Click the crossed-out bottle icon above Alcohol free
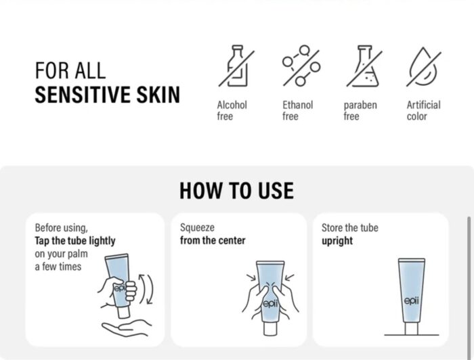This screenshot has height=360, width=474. tap(236, 66)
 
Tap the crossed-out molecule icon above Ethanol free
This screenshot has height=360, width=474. tap(301, 66)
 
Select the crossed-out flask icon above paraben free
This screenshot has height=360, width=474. tap(364, 66)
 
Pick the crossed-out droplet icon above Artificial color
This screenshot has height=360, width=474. tap(424, 66)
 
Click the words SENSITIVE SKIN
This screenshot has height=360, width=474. tap(107, 95)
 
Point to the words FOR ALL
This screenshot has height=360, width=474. tap(70, 70)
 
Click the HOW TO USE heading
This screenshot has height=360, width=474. tap(237, 191)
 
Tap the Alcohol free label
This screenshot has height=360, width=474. tap(232, 110)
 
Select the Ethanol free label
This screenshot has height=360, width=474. tap(297, 110)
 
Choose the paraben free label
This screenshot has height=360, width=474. tap(360, 110)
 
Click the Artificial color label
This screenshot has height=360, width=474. tap(423, 110)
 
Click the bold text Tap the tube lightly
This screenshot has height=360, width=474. tap(75, 241)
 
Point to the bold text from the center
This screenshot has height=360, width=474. tap(213, 240)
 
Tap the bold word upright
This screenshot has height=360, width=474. tap(337, 241)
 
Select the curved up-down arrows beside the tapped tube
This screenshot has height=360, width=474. tap(146, 289)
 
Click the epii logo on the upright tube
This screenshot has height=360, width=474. tap(412, 301)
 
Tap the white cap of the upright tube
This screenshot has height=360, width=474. tap(412, 328)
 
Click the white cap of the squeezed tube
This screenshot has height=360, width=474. tap(270, 329)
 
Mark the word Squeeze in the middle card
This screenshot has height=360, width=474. tap(197, 228)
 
